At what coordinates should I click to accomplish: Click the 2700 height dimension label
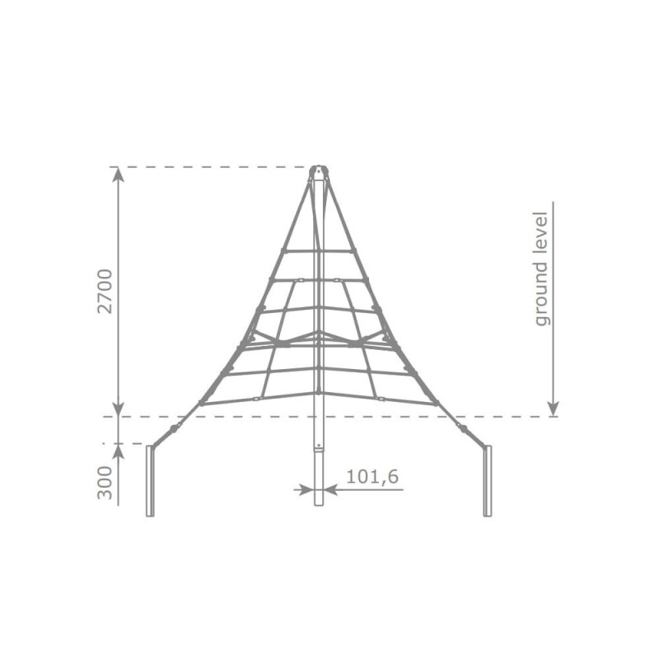105,292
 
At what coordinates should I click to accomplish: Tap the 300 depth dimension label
105,484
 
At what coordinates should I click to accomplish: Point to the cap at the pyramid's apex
319,171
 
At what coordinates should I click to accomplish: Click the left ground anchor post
150,481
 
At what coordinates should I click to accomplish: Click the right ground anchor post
487,481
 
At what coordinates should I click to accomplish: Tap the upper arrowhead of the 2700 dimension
119,174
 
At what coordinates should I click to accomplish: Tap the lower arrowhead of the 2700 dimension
119,409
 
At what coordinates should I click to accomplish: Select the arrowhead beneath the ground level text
554,409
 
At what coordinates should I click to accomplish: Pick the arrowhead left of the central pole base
307,489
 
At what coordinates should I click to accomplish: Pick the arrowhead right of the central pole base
330,489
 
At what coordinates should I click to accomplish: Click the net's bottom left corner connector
200,404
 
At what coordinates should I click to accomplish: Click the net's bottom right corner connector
437,404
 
